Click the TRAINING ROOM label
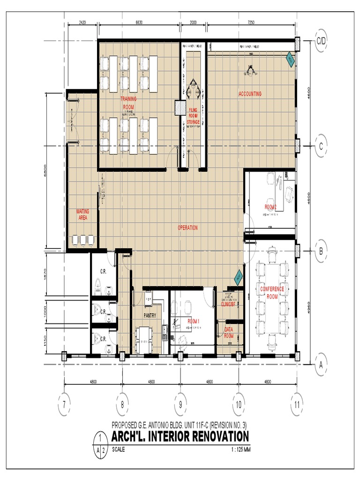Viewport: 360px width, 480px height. click(128, 103)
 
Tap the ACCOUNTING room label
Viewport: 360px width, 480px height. click(250, 94)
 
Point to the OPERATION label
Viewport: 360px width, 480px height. click(187, 228)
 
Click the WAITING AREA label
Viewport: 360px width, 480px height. click(83, 214)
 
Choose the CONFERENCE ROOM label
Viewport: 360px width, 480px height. click(272, 292)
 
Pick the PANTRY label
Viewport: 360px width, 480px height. click(150, 315)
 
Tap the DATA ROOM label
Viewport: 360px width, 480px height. click(229, 333)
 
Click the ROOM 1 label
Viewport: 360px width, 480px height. click(194, 321)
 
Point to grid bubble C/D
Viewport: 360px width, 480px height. click(321, 41)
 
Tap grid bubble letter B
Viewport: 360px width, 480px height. click(321, 251)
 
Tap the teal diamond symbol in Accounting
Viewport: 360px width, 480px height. click(290, 60)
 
